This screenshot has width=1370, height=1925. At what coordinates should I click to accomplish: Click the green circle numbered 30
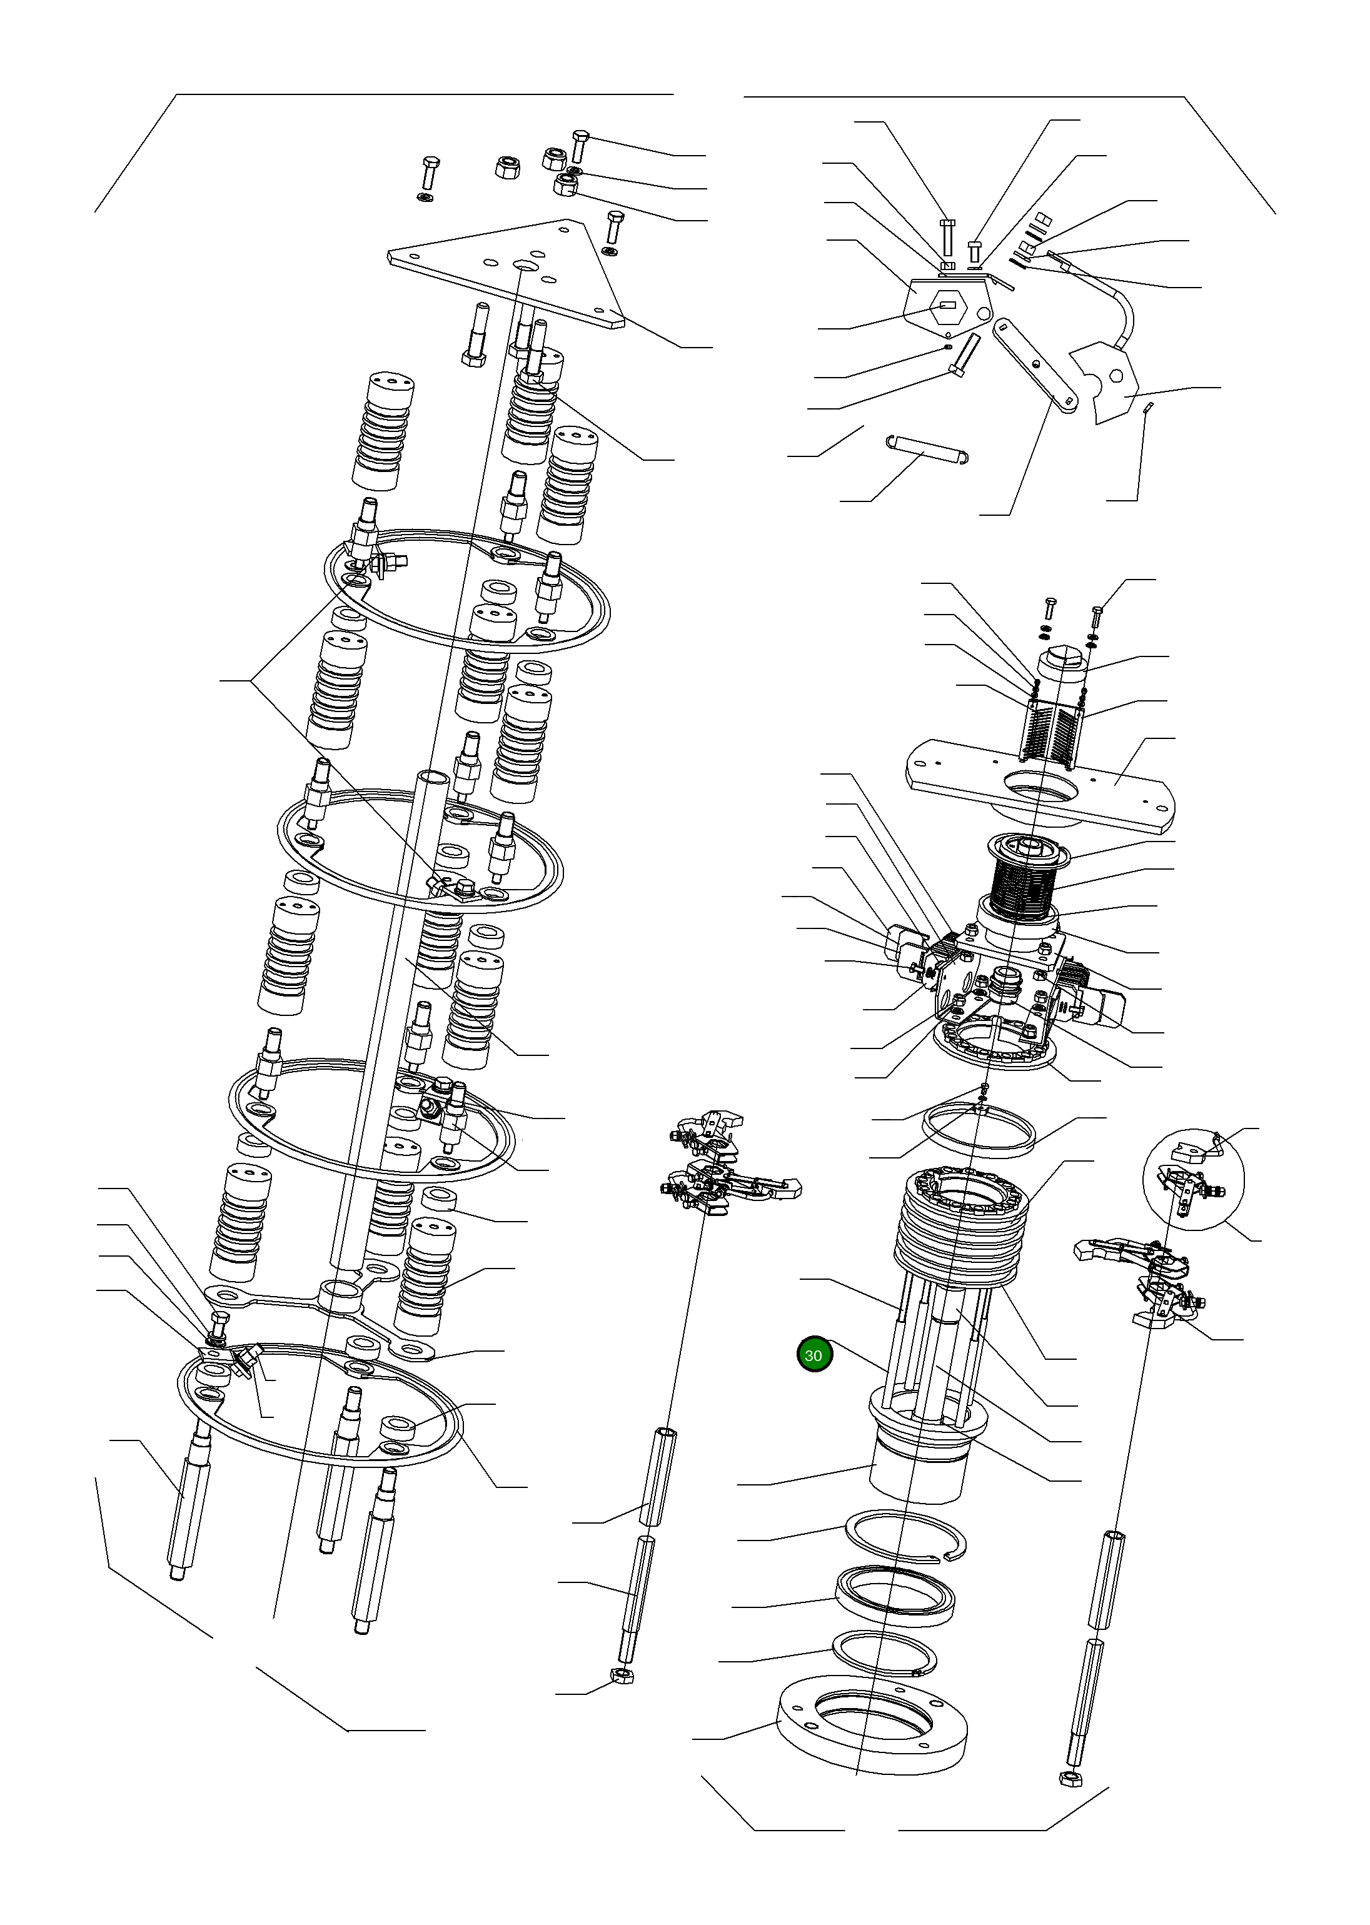(x=814, y=1355)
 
